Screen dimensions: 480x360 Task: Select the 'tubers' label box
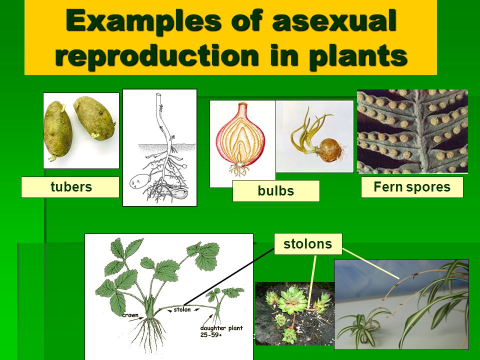[70, 187]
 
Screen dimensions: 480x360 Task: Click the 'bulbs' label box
[276, 190]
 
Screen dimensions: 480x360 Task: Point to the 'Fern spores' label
[412, 186]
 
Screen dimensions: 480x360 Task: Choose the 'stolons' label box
[308, 244]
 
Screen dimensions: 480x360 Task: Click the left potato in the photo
[58, 130]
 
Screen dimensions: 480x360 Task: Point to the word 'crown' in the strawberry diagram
[130, 315]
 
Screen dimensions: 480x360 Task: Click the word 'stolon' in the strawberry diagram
[182, 309]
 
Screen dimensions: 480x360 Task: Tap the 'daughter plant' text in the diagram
[221, 328]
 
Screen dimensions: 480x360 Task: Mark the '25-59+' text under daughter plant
[211, 335]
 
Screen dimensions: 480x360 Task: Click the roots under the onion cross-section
[239, 170]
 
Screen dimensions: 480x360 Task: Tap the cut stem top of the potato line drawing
[158, 95]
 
